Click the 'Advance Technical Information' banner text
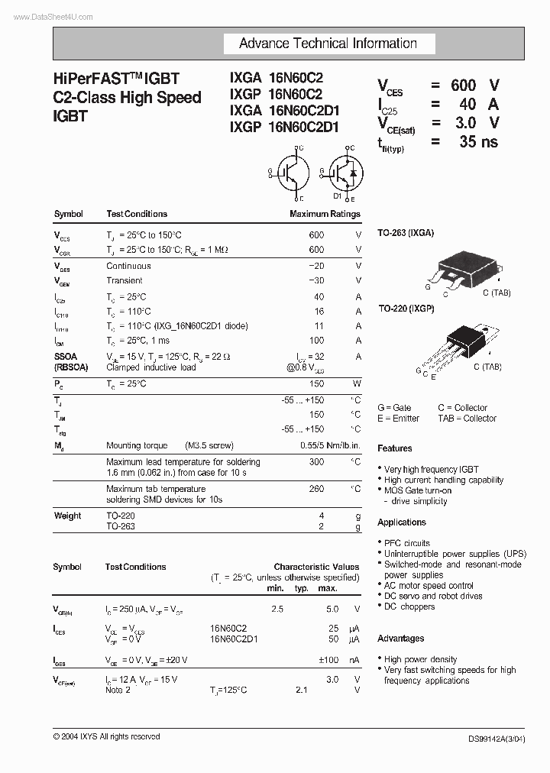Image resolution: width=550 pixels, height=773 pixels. coord(328,44)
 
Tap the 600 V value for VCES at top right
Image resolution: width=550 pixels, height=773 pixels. coord(474,85)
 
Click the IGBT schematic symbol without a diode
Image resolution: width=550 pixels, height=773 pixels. coord(291,173)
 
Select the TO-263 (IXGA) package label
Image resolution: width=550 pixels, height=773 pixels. coord(406,232)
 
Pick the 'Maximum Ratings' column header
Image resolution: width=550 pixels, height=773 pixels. coord(325,214)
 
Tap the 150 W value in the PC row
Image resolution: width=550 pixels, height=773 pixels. coord(317,383)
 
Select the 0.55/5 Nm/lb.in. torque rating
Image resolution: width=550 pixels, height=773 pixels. coord(330,445)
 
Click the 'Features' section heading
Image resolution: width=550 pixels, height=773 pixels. coord(394,448)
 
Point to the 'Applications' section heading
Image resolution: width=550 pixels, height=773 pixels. coord(402,522)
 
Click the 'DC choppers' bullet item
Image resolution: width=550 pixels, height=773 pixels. coord(409,606)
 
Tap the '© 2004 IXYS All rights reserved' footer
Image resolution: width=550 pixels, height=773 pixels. coord(106,736)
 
